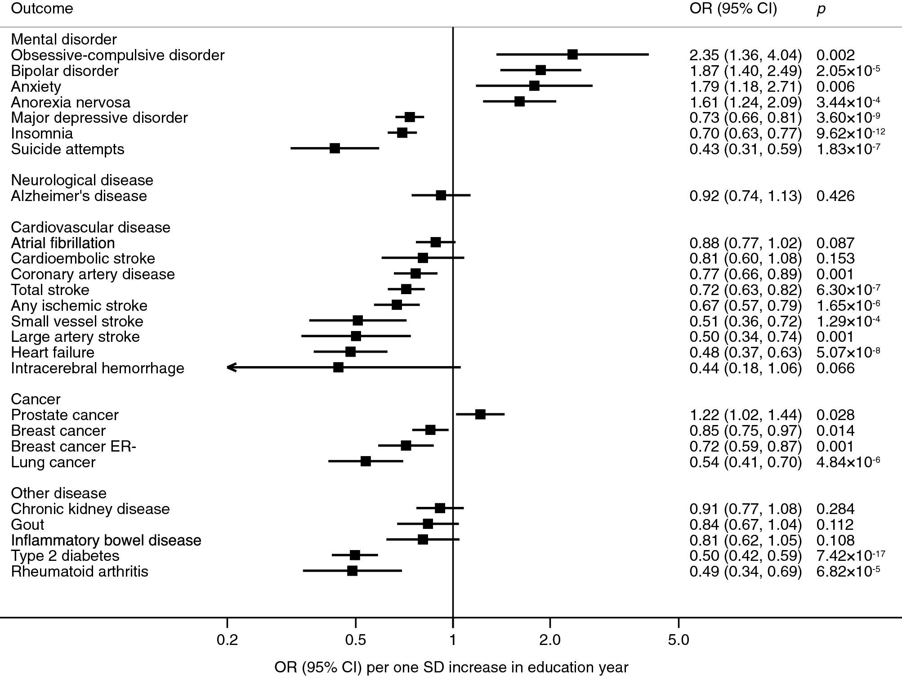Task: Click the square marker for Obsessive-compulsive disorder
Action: pos(572,55)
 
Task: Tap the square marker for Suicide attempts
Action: pos(335,148)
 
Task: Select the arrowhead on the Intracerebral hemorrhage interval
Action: pos(231,367)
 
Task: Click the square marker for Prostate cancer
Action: pos(480,414)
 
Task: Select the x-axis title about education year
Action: pos(451,667)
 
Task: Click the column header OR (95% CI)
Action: pos(733,9)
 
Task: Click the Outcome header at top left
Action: pos(42,9)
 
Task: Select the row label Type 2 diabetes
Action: pos(65,555)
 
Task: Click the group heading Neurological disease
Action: pos(82,180)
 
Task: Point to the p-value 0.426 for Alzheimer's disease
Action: pos(835,196)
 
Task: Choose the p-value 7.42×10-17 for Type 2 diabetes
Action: pos(850,555)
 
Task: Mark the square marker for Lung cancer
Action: pos(366,461)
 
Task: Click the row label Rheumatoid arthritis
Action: pos(80,571)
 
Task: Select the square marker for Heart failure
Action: pos(350,352)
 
